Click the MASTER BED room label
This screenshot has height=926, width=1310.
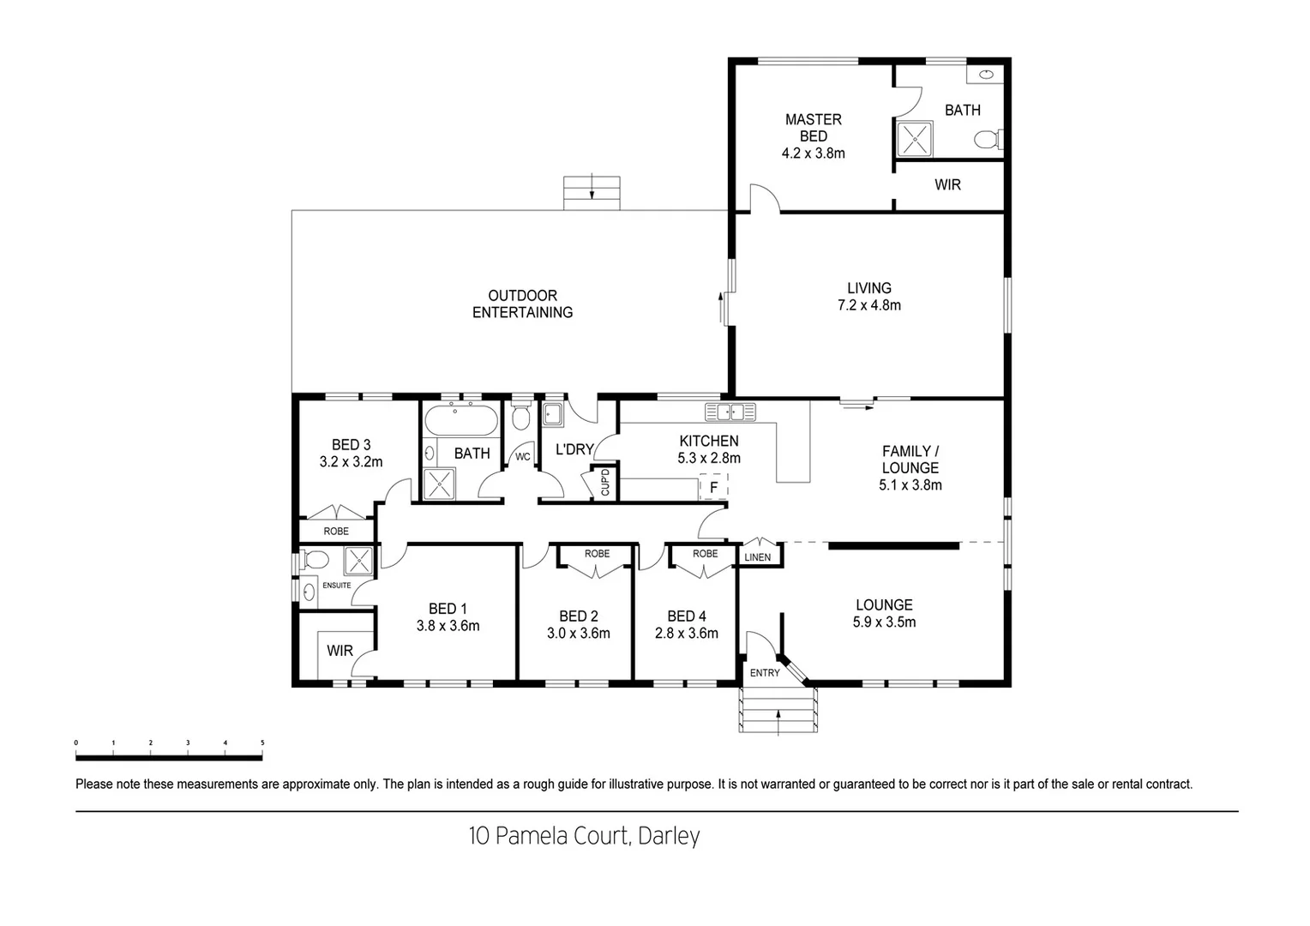(813, 128)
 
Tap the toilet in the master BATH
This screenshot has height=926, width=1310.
(988, 139)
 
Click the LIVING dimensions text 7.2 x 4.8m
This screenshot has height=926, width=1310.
(868, 304)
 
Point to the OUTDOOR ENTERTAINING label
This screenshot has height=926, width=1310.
(522, 304)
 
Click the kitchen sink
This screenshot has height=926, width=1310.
(730, 412)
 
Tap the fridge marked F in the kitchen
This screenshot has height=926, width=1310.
(712, 487)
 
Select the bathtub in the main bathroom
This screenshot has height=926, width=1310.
(460, 419)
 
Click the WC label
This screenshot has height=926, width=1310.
(522, 457)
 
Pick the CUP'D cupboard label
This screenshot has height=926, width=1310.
(605, 483)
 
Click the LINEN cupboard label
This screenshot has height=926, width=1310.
(757, 557)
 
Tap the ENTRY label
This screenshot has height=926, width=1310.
(765, 673)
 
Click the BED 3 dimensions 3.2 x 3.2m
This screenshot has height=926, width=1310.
(351, 461)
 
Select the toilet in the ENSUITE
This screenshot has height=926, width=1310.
(315, 562)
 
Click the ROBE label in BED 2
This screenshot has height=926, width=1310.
(597, 554)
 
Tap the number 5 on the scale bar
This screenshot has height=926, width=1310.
(262, 743)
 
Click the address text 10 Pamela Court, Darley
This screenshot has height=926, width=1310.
(584, 836)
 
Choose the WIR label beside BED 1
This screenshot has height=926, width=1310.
(340, 651)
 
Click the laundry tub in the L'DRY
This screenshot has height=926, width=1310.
(551, 415)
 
